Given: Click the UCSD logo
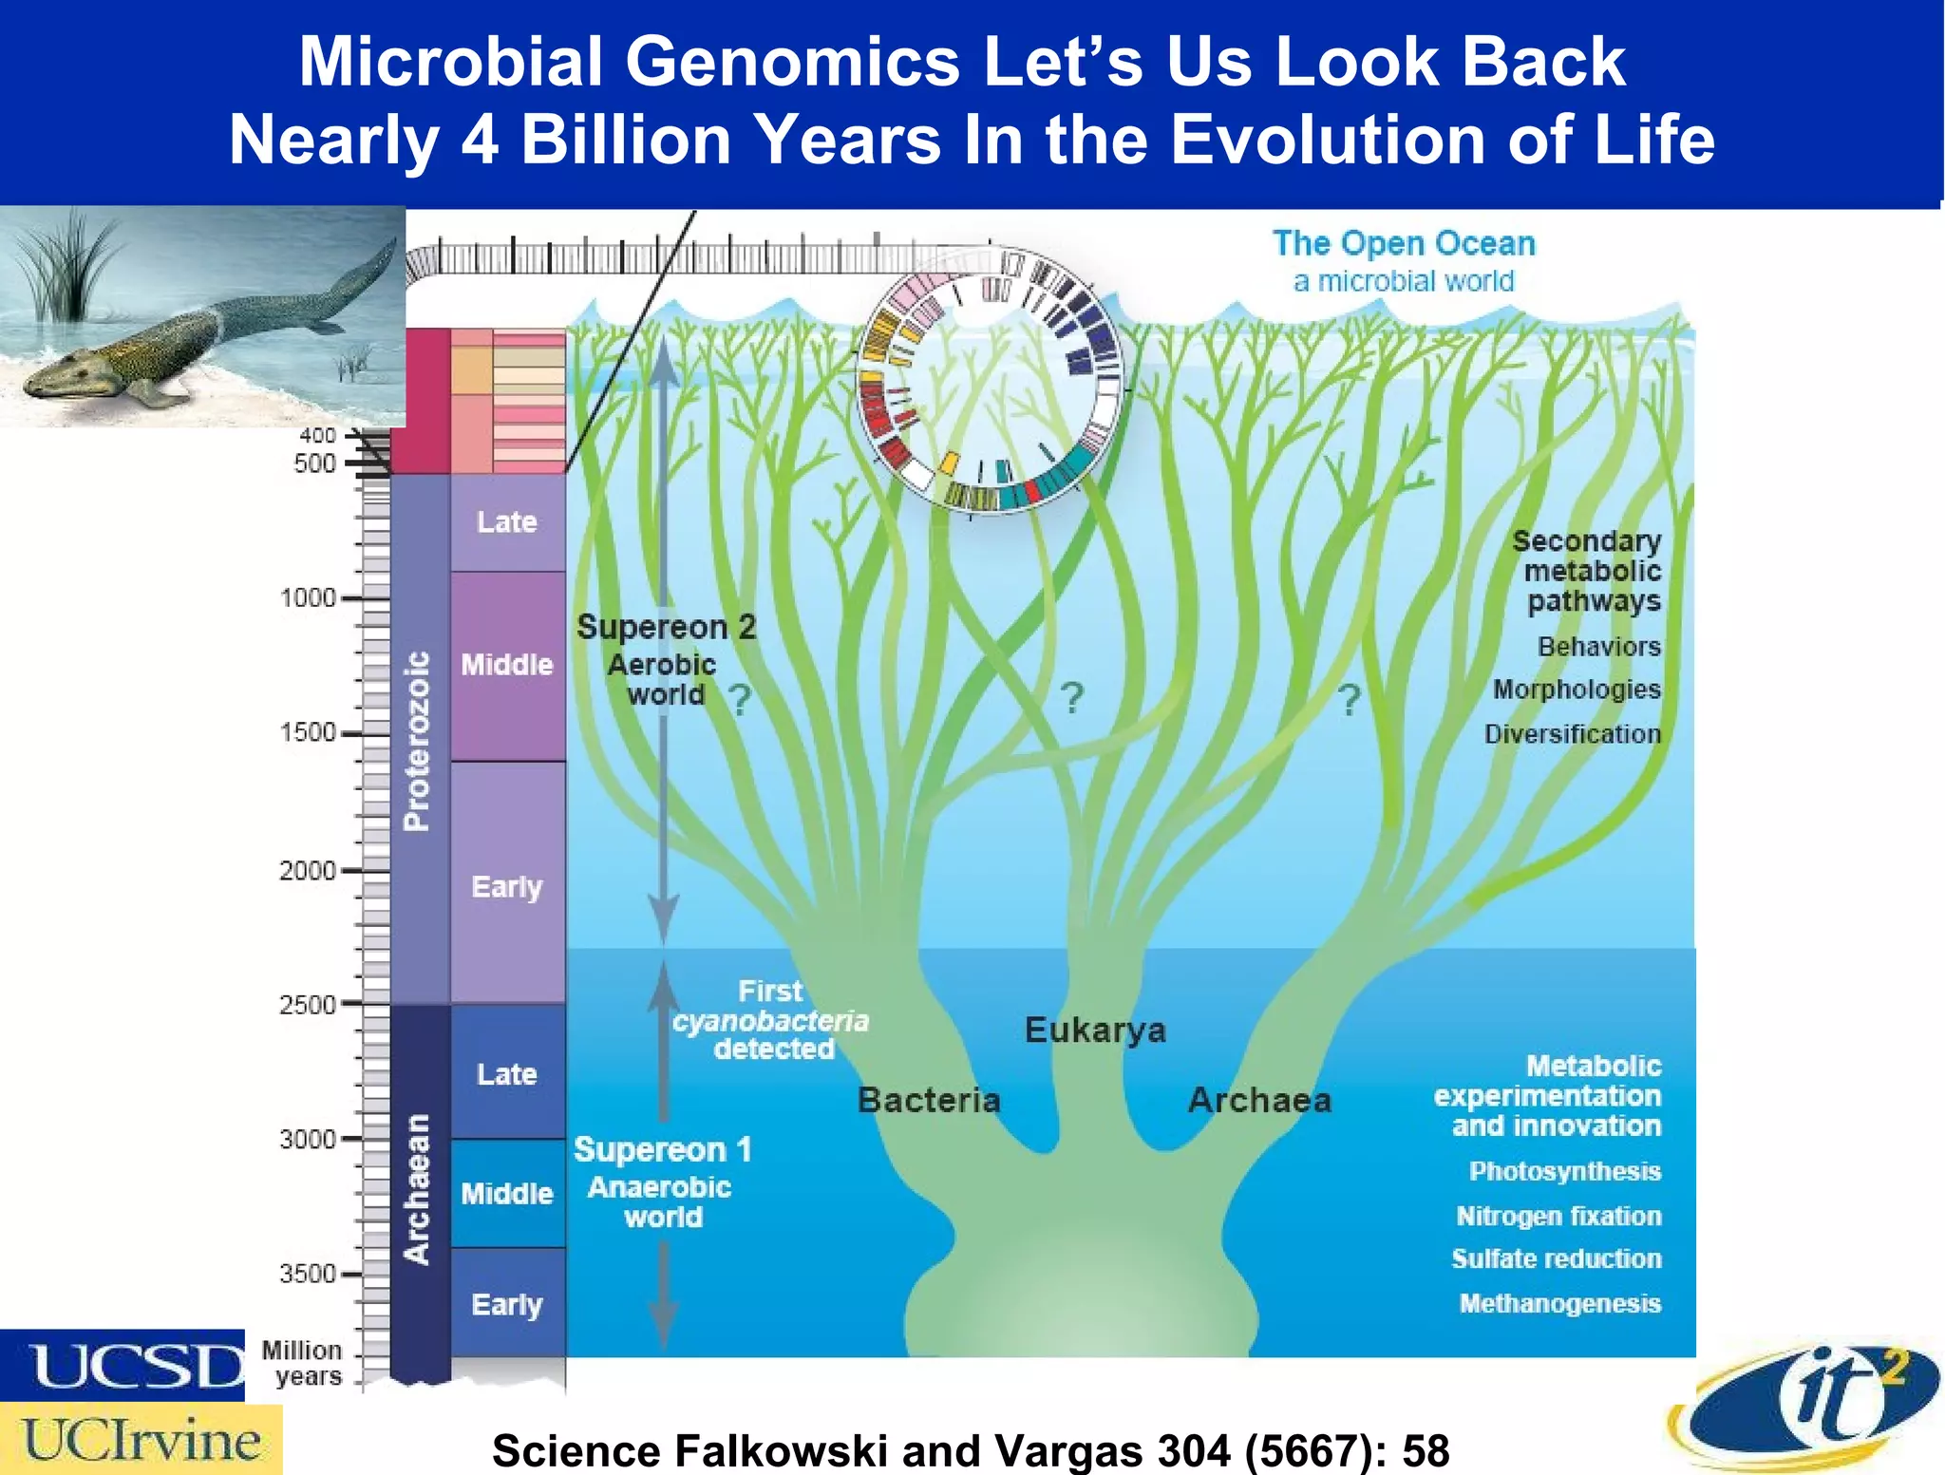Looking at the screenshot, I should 123,1365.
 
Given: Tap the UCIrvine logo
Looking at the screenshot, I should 141,1440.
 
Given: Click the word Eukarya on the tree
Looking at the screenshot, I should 1094,1030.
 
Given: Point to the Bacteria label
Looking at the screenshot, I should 928,1100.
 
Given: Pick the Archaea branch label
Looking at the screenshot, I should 1259,1100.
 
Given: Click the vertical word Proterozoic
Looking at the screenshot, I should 417,741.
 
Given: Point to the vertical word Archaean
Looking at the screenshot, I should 417,1189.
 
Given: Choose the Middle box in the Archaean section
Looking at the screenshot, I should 507,1193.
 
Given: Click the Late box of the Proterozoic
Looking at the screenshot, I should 507,521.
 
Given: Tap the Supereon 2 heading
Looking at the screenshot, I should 666,627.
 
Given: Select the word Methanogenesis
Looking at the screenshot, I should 1559,1303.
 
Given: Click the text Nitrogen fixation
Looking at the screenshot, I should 1558,1216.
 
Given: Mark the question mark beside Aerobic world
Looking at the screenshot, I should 740,700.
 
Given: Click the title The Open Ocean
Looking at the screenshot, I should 1403,243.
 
